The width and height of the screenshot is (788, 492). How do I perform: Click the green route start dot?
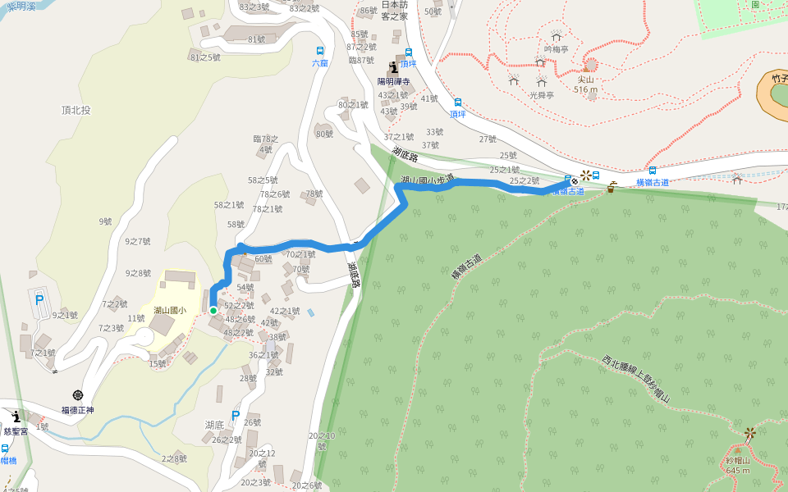tap(213, 310)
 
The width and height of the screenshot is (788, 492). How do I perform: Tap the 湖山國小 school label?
tap(170, 310)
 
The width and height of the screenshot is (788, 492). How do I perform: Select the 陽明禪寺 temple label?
tap(394, 81)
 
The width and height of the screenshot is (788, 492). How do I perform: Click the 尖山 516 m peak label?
tap(585, 84)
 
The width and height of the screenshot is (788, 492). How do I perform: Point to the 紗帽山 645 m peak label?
tap(737, 465)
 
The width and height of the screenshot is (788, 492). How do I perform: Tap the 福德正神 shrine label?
tap(78, 409)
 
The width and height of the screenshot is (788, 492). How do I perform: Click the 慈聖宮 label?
tap(16, 430)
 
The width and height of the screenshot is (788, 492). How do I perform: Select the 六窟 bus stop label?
tap(319, 62)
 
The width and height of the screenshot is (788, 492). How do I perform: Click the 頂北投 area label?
tap(76, 109)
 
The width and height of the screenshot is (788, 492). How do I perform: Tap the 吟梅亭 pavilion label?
tap(556, 48)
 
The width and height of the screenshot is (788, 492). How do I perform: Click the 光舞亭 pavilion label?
tap(541, 94)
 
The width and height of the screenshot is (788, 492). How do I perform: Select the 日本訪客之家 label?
tap(393, 11)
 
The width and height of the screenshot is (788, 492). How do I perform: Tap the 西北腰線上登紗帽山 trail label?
tap(636, 381)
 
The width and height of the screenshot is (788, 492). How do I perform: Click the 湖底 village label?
tap(215, 424)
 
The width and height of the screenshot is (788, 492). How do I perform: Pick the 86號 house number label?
tap(369, 11)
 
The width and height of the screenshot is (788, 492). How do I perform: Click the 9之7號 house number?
tap(138, 241)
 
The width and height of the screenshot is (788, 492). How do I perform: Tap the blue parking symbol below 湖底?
tap(236, 416)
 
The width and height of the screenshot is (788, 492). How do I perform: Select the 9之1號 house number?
tap(65, 315)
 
